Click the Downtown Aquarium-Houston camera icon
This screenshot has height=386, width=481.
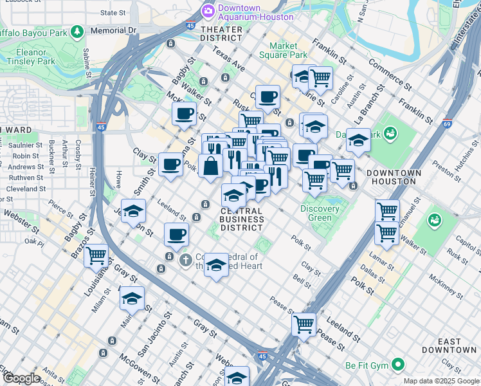click(208, 11)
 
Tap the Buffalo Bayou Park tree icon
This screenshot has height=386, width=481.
click(78, 32)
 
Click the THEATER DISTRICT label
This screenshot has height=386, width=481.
click(221, 33)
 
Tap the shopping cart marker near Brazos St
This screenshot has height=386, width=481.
click(96, 255)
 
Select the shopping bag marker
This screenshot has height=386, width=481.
click(210, 166)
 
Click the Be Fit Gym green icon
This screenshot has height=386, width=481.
click(399, 365)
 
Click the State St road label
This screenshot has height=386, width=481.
click(113, 12)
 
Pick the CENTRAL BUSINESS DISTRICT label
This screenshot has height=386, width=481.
click(241, 219)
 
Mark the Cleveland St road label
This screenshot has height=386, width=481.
click(26, 189)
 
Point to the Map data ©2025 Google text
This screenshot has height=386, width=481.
click(440, 381)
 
